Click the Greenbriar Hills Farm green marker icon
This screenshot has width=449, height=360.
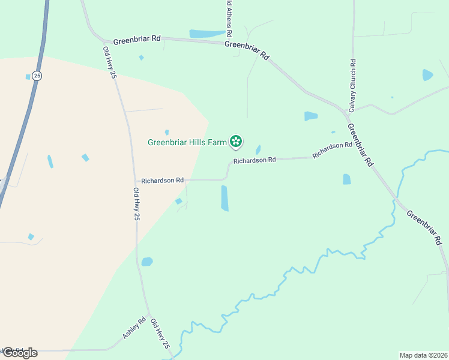click(x=236, y=142)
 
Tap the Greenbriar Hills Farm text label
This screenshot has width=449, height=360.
click(x=187, y=142)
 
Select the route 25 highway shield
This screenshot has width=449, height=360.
click(x=37, y=76)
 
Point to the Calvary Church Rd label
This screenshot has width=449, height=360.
click(x=354, y=86)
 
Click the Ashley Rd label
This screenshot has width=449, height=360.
click(x=134, y=328)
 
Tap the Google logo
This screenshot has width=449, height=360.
click(x=20, y=353)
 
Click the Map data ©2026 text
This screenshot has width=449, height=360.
click(x=423, y=355)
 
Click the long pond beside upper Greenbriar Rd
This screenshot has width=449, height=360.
click(x=207, y=34)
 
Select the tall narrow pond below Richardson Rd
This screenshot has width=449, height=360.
click(x=224, y=198)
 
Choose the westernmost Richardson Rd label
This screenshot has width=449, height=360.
click(x=162, y=180)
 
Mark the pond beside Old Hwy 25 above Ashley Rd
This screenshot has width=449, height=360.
click(x=147, y=262)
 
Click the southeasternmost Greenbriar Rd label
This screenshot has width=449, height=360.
click(x=425, y=227)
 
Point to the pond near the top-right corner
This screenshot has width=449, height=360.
click(x=427, y=75)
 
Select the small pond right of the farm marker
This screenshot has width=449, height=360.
click(x=258, y=149)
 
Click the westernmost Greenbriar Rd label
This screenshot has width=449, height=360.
click(x=137, y=38)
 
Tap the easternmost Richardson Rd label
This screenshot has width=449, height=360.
click(x=332, y=150)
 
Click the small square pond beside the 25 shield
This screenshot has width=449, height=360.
click(x=28, y=77)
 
